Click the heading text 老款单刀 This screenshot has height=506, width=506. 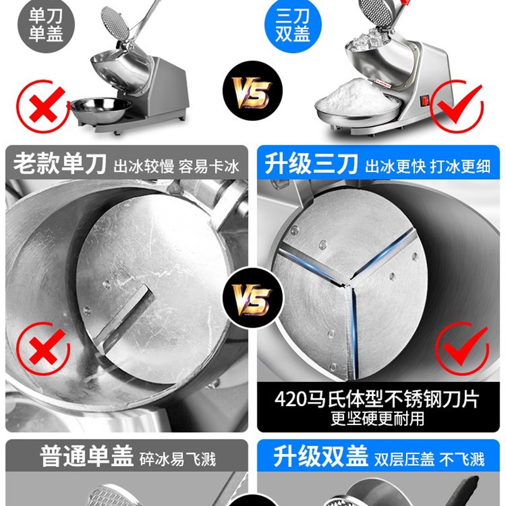click(x=60, y=165)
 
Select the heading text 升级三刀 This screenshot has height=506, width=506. click(x=308, y=165)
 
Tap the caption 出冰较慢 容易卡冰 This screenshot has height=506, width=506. click(x=176, y=167)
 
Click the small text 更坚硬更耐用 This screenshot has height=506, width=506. click(x=378, y=419)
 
